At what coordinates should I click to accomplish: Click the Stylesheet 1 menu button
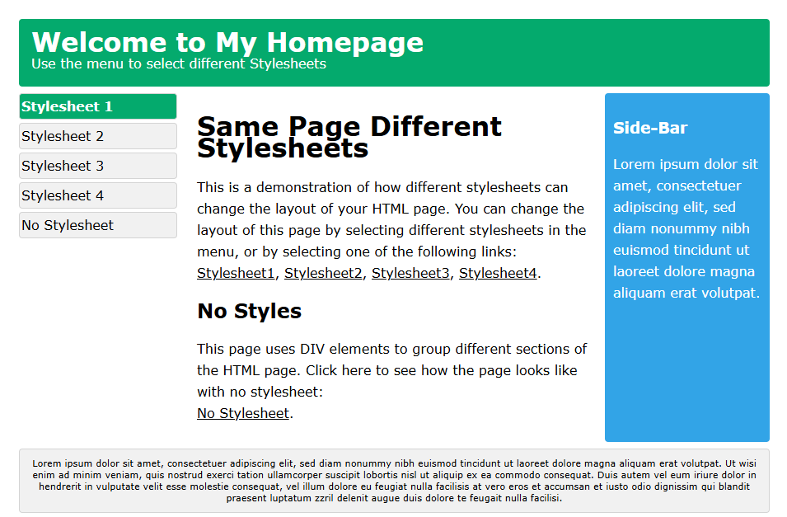tap(98, 106)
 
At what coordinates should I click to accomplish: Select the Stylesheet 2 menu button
tap(98, 136)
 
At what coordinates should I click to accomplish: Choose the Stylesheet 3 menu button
tap(98, 166)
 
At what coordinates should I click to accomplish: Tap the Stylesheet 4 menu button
tap(98, 195)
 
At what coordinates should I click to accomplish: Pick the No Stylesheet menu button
tap(98, 225)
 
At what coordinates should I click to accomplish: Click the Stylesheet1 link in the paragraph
tap(236, 273)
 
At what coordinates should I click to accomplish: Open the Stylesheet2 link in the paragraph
tap(323, 273)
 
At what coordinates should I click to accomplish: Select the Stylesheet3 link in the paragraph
tap(410, 273)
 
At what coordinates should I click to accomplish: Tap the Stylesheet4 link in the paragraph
tap(498, 273)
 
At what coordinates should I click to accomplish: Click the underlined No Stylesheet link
tap(243, 413)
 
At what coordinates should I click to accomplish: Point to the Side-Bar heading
tap(650, 128)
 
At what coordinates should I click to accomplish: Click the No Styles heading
tap(250, 311)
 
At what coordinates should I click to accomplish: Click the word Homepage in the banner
tap(345, 43)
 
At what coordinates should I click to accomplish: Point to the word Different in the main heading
tap(436, 126)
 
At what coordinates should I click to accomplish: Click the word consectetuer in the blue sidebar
tap(699, 186)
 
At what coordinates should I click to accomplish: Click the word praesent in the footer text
tap(246, 498)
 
